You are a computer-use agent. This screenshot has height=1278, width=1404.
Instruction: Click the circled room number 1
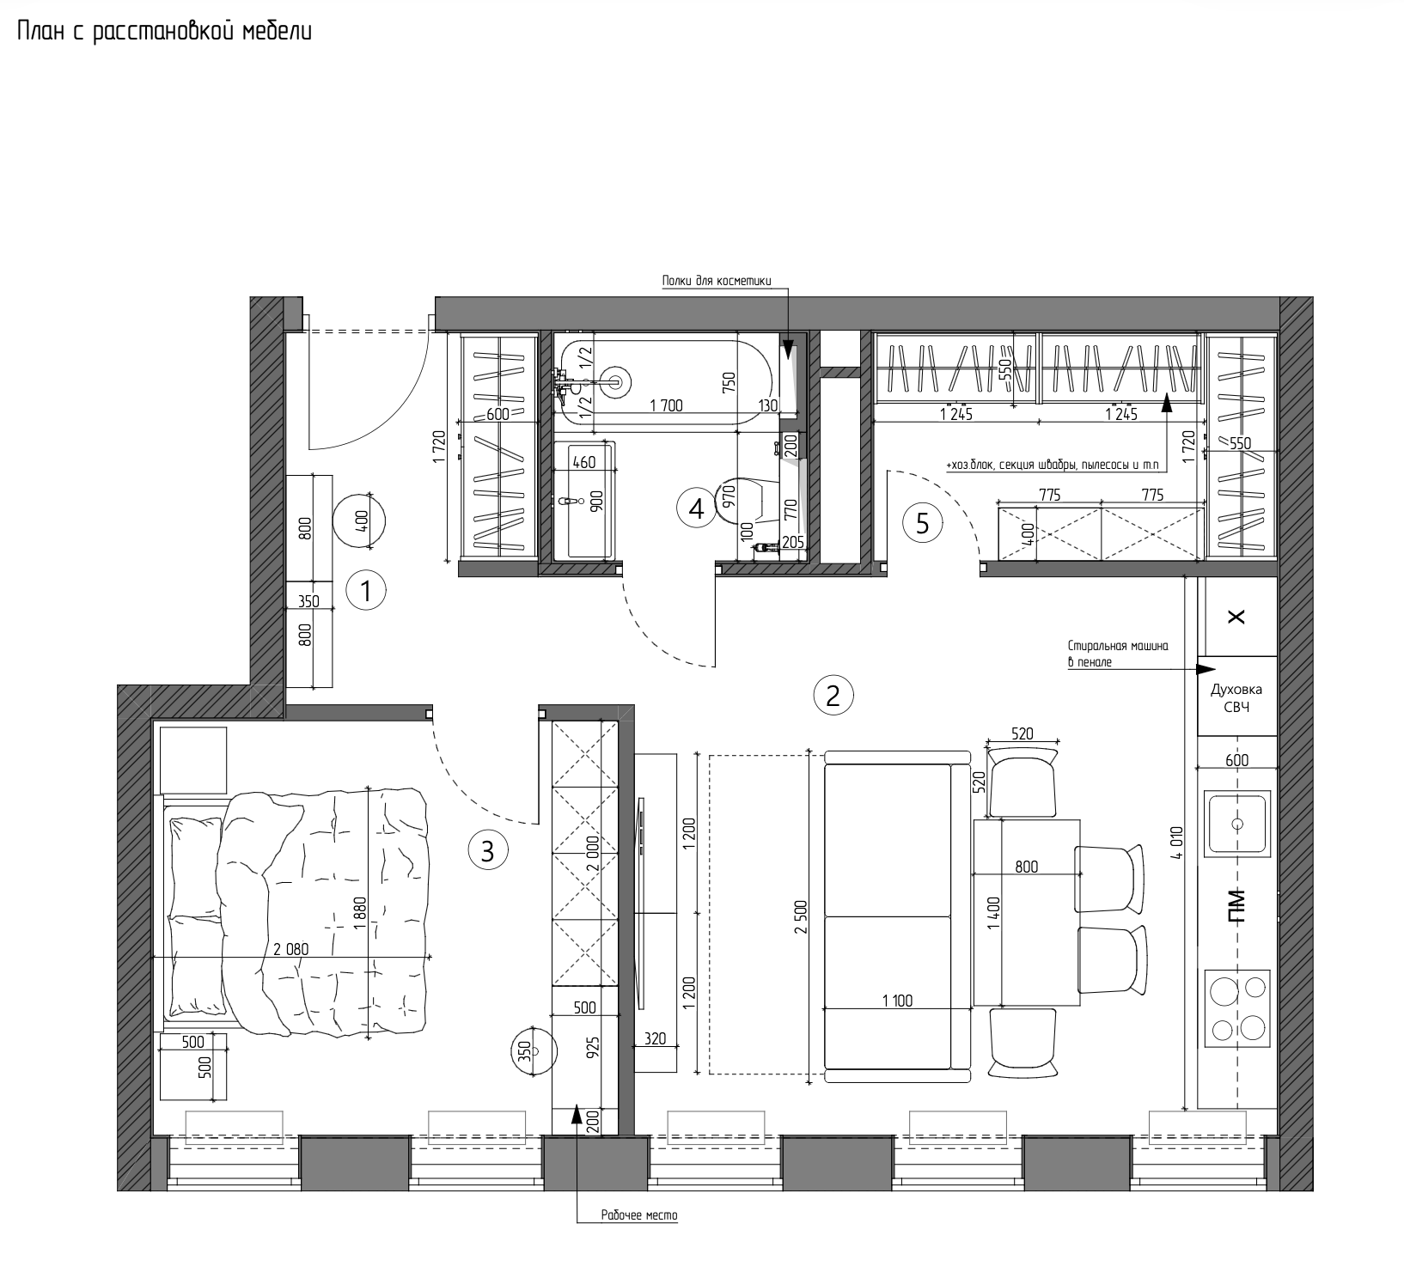pos(365,591)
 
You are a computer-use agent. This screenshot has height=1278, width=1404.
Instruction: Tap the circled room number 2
pos(833,695)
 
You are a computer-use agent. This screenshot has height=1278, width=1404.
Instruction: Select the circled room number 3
pos(487,851)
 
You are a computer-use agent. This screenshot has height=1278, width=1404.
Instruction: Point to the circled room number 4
pos(696,508)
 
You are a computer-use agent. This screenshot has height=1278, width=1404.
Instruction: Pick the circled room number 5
pos(923,523)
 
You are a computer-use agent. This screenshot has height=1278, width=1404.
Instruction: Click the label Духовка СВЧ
pos(1236,697)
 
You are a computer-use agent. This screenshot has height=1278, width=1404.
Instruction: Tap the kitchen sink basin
pos(1237,824)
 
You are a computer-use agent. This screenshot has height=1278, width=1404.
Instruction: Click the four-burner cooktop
pos(1238,1008)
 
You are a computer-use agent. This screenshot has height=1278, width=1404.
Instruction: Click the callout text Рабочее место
pos(639,1215)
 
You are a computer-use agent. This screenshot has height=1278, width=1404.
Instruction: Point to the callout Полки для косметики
pos(717,281)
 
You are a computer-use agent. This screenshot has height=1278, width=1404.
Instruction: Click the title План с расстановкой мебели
pos(164,32)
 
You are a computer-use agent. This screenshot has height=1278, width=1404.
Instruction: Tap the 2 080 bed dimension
pos(291,949)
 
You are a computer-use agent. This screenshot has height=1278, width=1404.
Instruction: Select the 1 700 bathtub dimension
pos(667,406)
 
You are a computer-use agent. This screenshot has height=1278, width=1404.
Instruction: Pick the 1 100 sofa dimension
pos(897,1000)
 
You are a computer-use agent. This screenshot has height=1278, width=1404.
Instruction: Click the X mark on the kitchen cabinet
pos(1237,617)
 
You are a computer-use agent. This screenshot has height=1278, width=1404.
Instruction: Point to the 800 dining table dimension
pos(1026,867)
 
